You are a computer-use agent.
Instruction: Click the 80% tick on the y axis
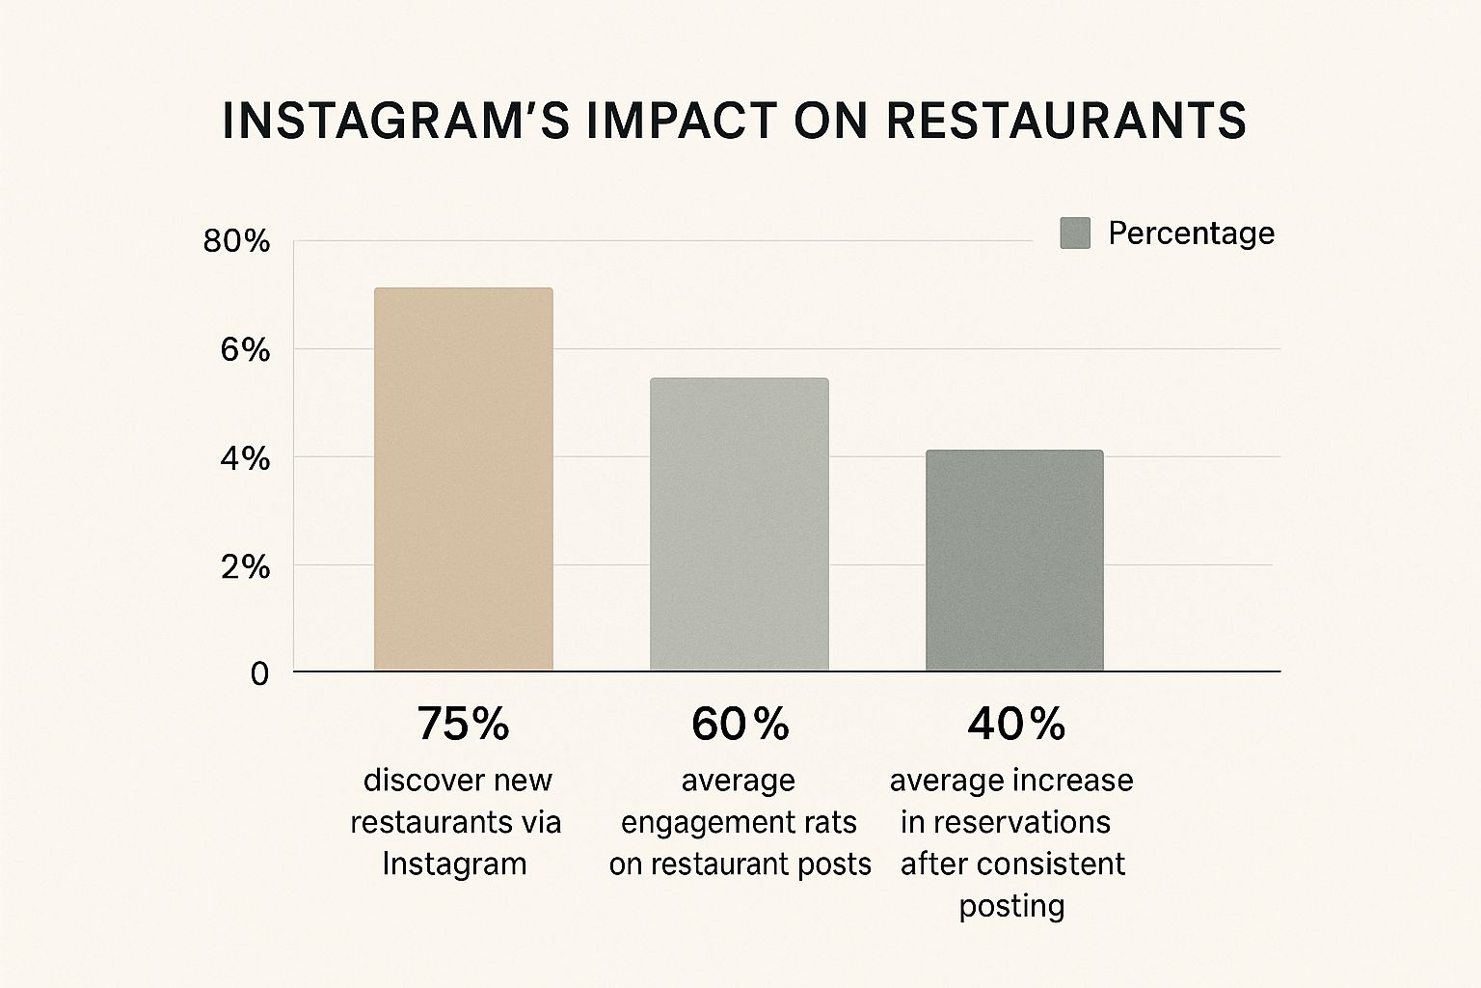click(x=236, y=241)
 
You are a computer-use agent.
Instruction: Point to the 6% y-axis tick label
click(x=245, y=349)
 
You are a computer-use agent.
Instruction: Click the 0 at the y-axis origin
click(x=259, y=673)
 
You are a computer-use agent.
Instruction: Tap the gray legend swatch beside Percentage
click(x=1075, y=233)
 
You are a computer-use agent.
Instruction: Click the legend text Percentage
click(x=1191, y=233)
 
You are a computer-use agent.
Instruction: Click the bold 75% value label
click(x=463, y=724)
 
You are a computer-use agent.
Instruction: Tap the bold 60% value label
click(x=740, y=724)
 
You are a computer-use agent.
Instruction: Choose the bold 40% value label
click(x=1015, y=724)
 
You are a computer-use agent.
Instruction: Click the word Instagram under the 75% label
click(x=454, y=863)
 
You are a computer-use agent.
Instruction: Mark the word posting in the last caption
click(x=1011, y=906)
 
